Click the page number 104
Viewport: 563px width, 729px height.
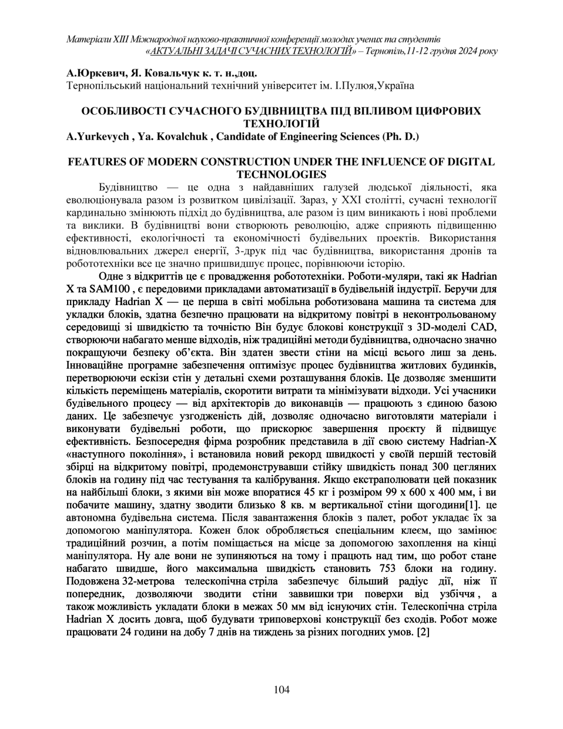coord(281,690)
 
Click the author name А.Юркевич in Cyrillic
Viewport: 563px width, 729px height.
coord(95,74)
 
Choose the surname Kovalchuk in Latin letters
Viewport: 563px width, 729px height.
coord(180,136)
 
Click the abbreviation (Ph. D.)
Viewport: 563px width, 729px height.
coord(401,136)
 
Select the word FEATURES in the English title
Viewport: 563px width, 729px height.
coord(100,161)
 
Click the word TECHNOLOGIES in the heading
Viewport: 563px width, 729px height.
coord(281,174)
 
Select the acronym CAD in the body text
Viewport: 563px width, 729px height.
coord(486,326)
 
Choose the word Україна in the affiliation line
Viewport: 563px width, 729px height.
coord(394,86)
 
